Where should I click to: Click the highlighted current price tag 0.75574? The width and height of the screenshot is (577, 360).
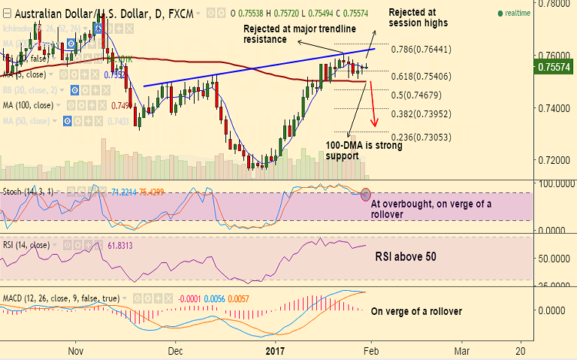554,67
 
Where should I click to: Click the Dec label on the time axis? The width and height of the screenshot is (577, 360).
176,350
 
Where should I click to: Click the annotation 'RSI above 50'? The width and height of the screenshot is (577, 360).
406,257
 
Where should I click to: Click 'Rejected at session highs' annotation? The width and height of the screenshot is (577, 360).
418,18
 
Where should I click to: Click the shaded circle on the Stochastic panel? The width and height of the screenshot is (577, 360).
366,194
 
